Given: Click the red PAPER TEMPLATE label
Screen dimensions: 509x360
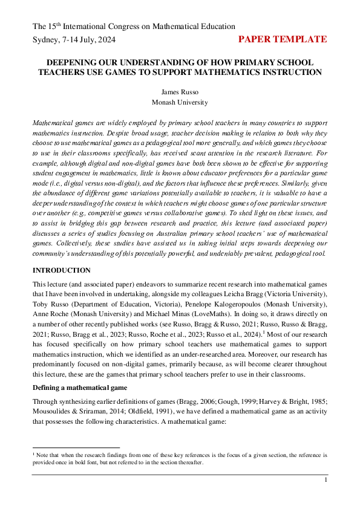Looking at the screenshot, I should (283, 40).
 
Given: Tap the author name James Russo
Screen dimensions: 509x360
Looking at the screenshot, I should (180, 92).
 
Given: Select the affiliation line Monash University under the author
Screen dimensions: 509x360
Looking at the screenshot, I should (180, 103).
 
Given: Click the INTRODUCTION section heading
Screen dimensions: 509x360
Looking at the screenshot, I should (61, 270).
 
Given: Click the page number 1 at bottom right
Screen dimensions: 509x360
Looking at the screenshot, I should (326, 480).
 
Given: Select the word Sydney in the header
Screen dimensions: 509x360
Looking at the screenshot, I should (47, 40).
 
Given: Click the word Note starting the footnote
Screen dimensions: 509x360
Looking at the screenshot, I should (44, 454).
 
